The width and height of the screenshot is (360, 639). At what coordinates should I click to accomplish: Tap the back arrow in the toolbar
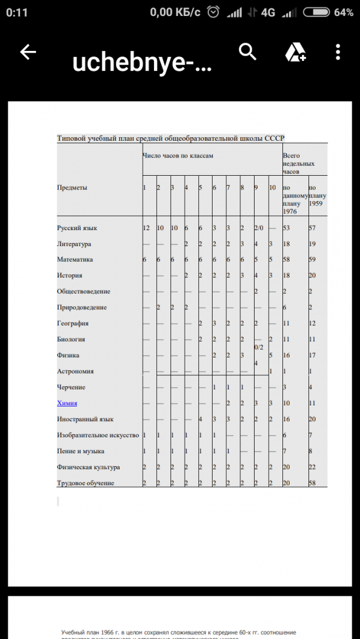[x=28, y=52]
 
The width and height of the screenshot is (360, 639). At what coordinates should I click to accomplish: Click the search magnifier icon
[x=247, y=52]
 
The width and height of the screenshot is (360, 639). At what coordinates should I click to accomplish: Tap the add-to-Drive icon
[x=295, y=53]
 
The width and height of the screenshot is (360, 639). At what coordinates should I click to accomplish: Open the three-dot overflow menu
[x=338, y=52]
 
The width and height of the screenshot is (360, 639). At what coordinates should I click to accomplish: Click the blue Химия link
[x=67, y=403]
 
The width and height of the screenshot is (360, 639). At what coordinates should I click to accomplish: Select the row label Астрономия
[x=75, y=371]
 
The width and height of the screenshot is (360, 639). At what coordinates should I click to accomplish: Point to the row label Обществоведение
[x=83, y=291]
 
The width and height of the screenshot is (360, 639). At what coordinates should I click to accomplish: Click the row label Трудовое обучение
[x=86, y=483]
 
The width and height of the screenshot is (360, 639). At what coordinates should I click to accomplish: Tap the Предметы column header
[x=72, y=188]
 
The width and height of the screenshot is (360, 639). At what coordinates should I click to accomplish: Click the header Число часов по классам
[x=178, y=156]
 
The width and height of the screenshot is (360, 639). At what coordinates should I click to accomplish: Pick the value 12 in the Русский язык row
[x=146, y=228]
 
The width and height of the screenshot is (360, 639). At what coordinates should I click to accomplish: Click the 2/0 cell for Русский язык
[x=259, y=228]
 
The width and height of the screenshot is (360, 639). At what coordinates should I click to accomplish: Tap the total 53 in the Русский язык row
[x=287, y=228]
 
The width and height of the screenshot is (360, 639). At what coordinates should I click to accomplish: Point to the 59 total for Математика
[x=313, y=260]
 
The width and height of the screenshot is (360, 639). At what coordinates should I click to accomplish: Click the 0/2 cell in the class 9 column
[x=259, y=347]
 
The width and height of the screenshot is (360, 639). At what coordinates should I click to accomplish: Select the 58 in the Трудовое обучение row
[x=313, y=483]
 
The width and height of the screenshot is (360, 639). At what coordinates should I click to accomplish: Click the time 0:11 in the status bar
[x=18, y=12]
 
